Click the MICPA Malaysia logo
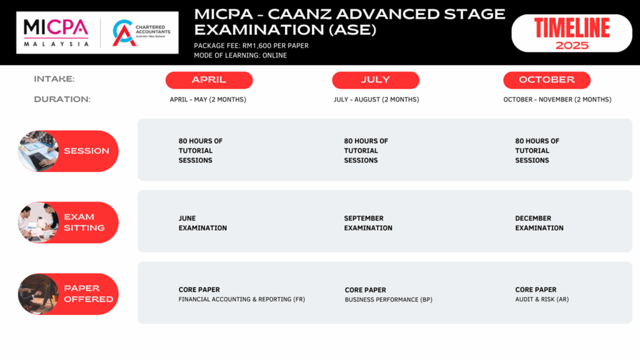[56, 32]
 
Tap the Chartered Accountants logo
[141, 32]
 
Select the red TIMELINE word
[572, 28]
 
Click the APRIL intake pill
[209, 80]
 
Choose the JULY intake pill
[376, 80]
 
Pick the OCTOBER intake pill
[547, 80]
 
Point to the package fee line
[251, 46]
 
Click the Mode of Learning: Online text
[241, 56]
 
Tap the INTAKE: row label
[54, 79]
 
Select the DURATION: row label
[62, 99]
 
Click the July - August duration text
[376, 99]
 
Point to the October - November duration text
[557, 99]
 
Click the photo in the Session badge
[38, 151]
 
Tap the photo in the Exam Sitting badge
[38, 222]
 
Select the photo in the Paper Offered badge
[38, 294]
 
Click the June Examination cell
[202, 223]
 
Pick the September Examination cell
[367, 223]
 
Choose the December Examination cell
[539, 223]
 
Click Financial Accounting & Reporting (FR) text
[242, 299]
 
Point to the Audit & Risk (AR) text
[542, 299]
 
